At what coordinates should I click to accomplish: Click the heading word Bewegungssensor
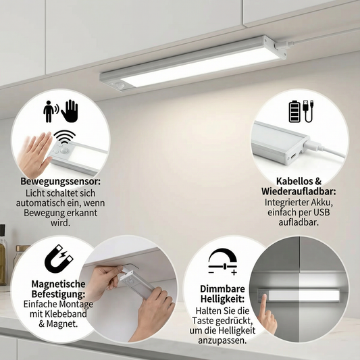point(60,182)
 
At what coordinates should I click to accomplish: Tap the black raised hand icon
point(70,111)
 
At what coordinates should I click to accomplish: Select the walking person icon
point(49,111)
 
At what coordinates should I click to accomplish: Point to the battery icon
point(294,111)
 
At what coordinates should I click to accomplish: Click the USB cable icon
point(308,111)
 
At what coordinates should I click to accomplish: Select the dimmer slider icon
point(222,262)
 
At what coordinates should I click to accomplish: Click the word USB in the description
point(322,212)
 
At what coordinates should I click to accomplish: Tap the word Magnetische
point(58,284)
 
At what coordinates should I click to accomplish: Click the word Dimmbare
point(222,289)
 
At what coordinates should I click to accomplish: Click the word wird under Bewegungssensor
point(60,223)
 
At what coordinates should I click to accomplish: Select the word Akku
point(322,203)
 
